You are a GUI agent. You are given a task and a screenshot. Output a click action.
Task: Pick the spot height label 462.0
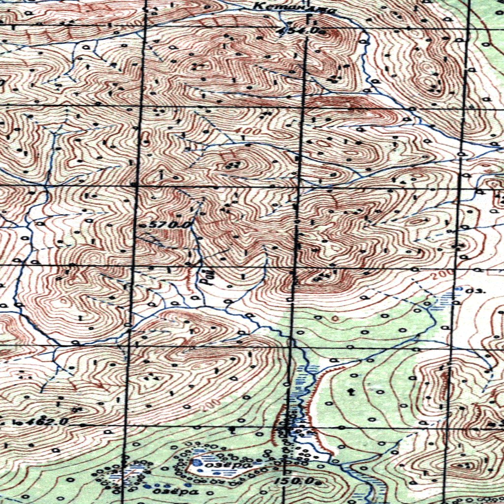41,422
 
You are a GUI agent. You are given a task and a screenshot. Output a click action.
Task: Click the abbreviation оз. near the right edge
477,290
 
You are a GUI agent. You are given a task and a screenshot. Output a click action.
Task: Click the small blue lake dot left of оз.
459,289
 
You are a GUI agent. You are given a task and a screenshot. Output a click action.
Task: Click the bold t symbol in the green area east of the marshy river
351,392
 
